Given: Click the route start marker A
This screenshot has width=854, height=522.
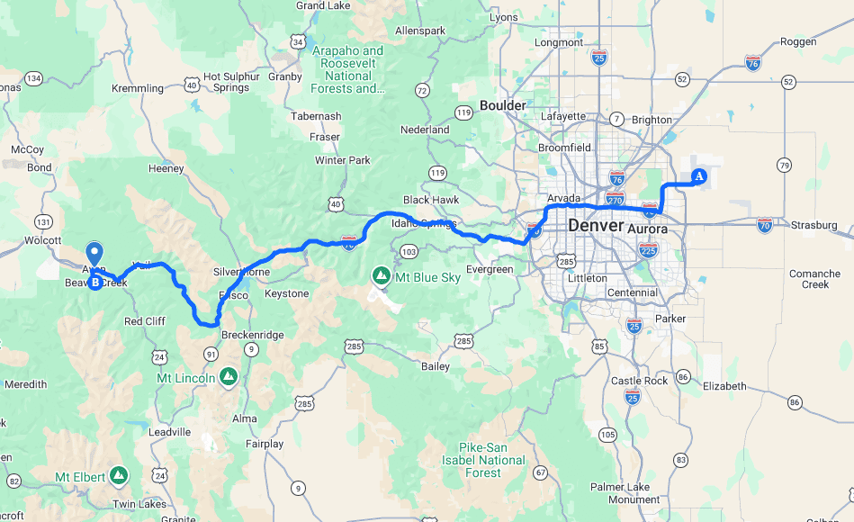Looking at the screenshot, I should coord(698,176).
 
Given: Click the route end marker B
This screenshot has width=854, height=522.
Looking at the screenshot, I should coord(94,282).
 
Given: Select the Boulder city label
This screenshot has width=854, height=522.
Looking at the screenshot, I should coord(502,105).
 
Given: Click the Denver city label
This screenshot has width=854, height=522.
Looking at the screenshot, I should coord(595,226).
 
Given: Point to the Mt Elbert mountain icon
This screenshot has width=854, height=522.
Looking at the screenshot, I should coord(118,475).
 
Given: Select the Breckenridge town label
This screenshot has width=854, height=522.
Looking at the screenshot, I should coord(253,335).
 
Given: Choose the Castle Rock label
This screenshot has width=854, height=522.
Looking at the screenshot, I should coord(639,381).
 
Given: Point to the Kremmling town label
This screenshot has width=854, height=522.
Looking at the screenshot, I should coord(137,88).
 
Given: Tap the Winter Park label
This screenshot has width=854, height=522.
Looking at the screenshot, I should coord(342,160).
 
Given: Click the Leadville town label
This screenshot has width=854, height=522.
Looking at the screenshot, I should coord(169,432).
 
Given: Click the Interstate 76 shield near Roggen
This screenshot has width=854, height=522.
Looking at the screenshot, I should coord(753,62).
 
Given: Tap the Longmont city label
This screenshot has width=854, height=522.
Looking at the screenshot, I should coord(559,42).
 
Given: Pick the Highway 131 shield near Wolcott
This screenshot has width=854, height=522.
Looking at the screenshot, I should coord(43,221).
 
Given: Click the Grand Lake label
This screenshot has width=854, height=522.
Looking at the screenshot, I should coord(323,5).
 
